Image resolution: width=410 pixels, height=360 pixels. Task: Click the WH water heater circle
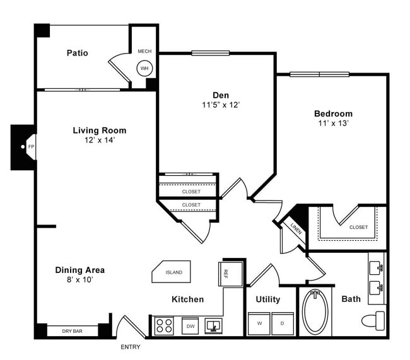144,68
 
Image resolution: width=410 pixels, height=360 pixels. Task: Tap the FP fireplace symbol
30,147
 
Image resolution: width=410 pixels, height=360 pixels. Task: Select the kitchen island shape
172,272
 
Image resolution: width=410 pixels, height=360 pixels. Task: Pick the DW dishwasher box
189,326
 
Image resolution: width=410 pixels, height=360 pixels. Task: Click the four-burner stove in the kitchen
164,326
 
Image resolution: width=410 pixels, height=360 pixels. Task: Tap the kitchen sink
214,326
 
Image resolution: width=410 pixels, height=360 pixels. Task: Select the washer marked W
259,323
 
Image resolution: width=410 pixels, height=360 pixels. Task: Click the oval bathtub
317,312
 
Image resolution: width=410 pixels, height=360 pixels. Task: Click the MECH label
144,51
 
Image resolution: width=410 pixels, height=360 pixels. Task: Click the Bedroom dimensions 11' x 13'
334,124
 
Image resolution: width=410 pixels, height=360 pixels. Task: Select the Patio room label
77,53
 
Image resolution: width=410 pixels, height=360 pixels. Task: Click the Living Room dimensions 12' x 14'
99,140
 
